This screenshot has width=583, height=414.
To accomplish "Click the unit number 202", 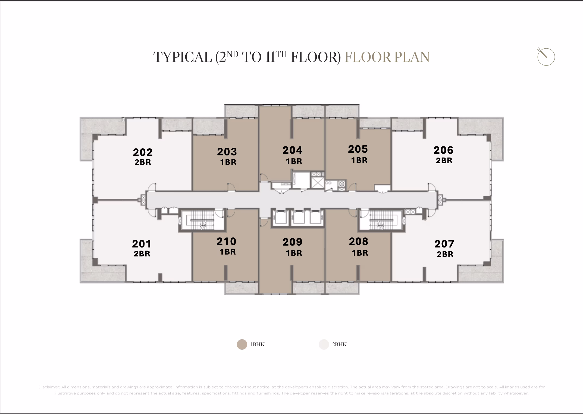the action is [x=143, y=152].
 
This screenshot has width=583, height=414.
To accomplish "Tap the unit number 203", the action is [x=227, y=152].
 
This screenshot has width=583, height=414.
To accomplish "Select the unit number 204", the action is [x=292, y=150].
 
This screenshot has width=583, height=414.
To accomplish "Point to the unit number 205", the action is [x=358, y=149].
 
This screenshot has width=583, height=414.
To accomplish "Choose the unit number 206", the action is [x=443, y=150].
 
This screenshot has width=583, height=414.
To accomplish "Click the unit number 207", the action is [x=444, y=244].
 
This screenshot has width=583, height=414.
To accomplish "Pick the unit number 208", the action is [x=359, y=242].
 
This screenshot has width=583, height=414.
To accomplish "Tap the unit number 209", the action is [x=292, y=242].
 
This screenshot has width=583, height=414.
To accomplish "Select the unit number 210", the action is [x=226, y=242].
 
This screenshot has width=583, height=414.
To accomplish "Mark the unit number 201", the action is [x=142, y=244].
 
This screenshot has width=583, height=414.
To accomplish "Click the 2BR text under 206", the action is [x=444, y=161].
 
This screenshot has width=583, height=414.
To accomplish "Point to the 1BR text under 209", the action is [x=294, y=253].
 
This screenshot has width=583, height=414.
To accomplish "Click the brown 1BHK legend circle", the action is [x=242, y=344].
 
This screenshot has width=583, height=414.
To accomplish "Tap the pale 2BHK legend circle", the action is [x=324, y=344].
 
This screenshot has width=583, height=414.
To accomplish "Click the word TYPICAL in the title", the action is [x=183, y=57].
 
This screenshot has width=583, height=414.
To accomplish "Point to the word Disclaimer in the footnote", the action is [x=49, y=387].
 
